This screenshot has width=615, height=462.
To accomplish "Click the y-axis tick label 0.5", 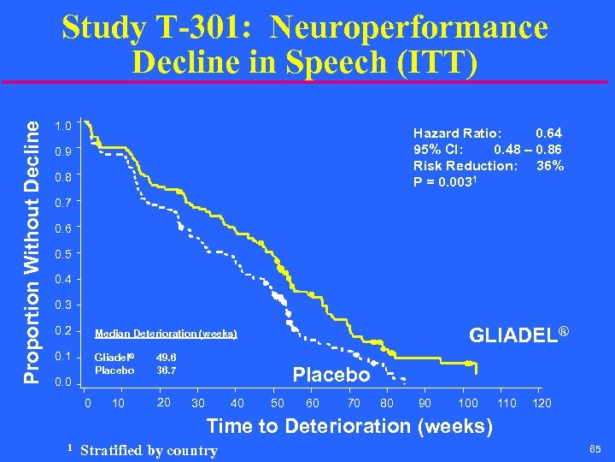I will (61, 254).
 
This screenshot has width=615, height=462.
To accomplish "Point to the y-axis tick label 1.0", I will (61, 126).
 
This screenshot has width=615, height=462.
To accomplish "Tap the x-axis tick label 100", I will (467, 403).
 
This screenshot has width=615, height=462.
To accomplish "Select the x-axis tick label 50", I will (278, 403).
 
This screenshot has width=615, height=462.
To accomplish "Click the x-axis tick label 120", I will (542, 403).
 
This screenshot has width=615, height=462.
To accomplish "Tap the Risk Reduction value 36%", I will (549, 165).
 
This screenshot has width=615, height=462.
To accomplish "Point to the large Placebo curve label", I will (331, 375).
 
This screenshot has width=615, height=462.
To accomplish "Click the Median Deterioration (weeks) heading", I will (166, 334).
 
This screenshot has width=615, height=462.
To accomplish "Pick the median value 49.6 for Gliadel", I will (167, 358).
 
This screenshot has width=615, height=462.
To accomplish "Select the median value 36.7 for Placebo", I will (167, 370).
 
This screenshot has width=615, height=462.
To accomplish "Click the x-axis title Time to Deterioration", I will (349, 425).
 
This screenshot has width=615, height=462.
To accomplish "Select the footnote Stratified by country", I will (149, 450).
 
